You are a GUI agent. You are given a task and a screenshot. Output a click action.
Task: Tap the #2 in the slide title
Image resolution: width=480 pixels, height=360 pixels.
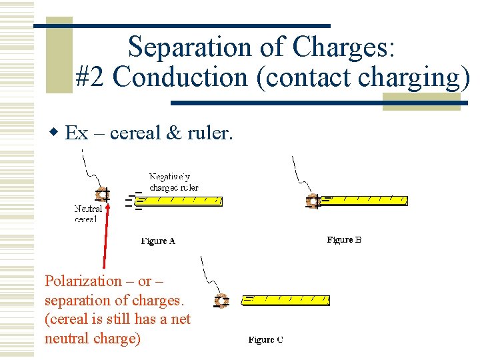pos(91,78)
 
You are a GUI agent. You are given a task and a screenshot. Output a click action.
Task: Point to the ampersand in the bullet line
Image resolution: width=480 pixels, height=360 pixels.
pos(173,133)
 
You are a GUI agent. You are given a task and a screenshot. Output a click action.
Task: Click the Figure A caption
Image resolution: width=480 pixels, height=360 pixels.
pos(158,241)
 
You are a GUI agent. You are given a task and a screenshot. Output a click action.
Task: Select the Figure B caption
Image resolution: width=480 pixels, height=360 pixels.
pos(344,240)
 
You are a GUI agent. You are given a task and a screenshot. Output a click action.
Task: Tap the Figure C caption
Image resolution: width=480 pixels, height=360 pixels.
pos(265,340)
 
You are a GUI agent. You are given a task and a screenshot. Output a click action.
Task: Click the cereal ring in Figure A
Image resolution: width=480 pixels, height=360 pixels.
pos(102,195)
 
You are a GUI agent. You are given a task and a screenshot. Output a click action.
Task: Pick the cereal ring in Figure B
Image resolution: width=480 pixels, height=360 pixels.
pos(312,201)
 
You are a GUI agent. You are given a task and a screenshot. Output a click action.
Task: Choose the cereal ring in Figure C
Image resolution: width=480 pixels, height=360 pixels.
pos(221,301)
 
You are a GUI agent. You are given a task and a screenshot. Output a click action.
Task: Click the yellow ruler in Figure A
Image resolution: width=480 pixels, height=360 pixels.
pos(182,200)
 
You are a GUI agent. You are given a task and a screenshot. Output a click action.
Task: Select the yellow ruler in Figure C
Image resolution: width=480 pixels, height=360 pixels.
pos(286,300)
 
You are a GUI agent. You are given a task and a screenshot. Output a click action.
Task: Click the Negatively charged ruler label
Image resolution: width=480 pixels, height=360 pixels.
pos(173,182)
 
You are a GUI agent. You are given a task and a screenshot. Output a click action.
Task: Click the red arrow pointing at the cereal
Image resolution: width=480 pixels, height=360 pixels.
pos(105,233)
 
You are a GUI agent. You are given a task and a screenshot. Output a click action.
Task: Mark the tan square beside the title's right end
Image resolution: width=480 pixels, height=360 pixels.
pos(421,101)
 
